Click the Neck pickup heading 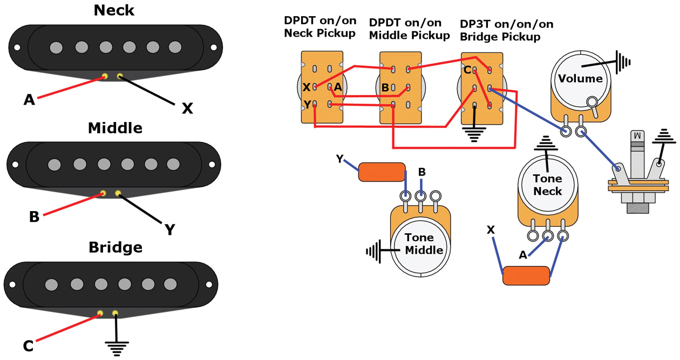[x=114, y=10]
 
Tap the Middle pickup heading [x=115, y=128]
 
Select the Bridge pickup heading [x=115, y=247]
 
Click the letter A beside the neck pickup [x=29, y=99]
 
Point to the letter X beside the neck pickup [x=187, y=108]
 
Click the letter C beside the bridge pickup [x=29, y=345]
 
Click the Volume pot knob [x=580, y=79]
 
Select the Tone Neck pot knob [x=547, y=185]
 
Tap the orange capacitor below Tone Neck [x=527, y=275]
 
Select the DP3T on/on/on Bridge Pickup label [x=506, y=31]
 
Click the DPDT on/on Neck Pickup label [x=319, y=27]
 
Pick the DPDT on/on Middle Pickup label [x=409, y=29]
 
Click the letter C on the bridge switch [x=467, y=70]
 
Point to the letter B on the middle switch [x=385, y=87]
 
